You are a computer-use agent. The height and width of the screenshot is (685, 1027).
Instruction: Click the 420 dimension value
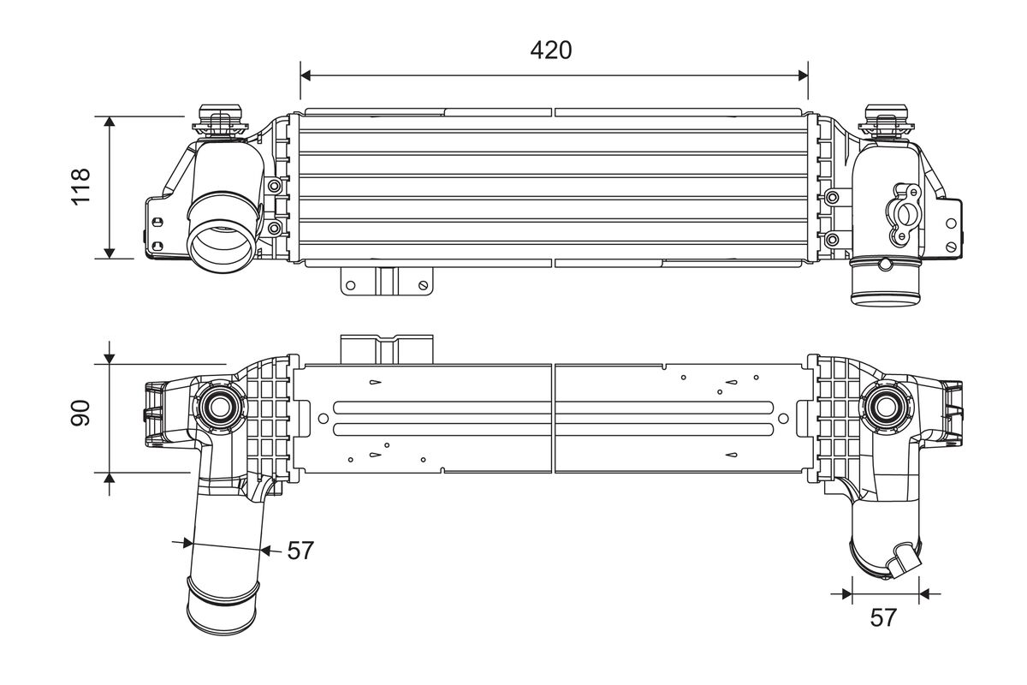pyautogui.click(x=550, y=51)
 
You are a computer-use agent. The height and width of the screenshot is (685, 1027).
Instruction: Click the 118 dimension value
pyautogui.click(x=80, y=187)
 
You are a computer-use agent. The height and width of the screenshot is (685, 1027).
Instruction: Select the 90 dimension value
pyautogui.click(x=80, y=413)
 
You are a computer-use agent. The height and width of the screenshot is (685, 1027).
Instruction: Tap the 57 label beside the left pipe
pyautogui.click(x=300, y=551)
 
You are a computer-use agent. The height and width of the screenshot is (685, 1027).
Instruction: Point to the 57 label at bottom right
pyautogui.click(x=883, y=617)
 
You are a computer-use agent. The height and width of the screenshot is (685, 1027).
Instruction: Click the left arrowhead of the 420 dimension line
pyautogui.click(x=306, y=75)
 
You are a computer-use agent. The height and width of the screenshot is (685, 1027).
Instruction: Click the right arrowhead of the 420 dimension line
pyautogui.click(x=803, y=75)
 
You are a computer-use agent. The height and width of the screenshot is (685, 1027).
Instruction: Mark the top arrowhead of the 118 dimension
pyautogui.click(x=110, y=122)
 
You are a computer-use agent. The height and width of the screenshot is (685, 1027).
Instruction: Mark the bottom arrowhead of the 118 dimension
pyautogui.click(x=110, y=253)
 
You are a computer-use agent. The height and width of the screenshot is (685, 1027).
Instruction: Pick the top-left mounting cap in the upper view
pyautogui.click(x=220, y=121)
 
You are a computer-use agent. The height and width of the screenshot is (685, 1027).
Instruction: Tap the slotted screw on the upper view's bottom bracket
pyautogui.click(x=423, y=285)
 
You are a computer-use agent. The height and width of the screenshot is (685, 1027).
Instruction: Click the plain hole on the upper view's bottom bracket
pyautogui.click(x=351, y=285)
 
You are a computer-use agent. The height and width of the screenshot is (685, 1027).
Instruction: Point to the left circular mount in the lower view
pyautogui.click(x=220, y=405)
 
